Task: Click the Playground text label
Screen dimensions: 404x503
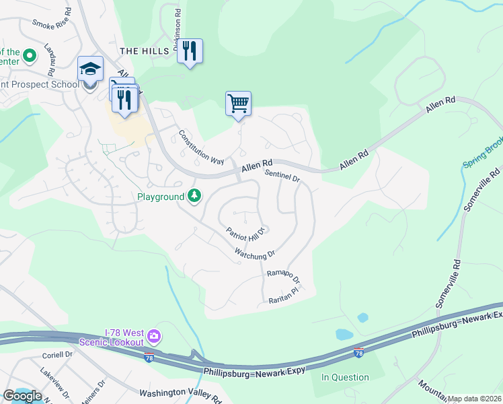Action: point(161,197)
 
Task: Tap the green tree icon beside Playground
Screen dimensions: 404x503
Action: point(194,196)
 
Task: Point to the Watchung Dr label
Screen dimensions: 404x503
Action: point(255,255)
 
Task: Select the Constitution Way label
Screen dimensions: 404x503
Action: point(200,147)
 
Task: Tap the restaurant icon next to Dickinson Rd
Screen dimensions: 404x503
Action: point(190,50)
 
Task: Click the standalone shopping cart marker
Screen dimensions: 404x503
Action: point(238,104)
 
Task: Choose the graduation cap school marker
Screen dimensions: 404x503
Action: point(90,69)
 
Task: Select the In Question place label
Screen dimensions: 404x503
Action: point(345,377)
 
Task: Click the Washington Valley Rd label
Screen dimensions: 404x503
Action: point(180,393)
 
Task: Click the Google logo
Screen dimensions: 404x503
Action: point(22,396)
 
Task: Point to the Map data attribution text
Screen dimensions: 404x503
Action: point(474,399)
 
